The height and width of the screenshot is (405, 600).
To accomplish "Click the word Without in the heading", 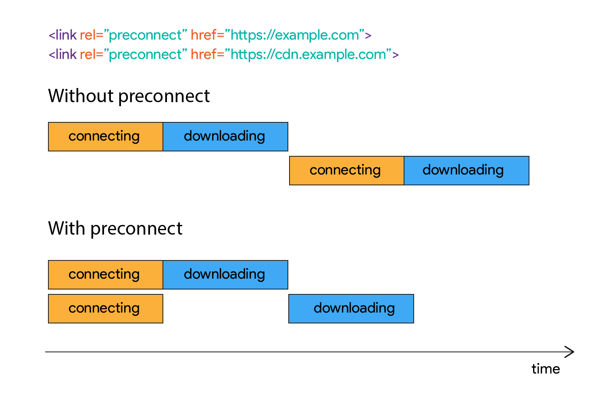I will pyautogui.click(x=81, y=96).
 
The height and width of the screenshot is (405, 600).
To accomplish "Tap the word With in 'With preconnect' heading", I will pyautogui.click(x=67, y=229).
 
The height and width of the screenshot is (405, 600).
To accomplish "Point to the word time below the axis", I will pyautogui.click(x=545, y=369).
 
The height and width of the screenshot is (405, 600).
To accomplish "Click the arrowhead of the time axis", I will pyautogui.click(x=570, y=352).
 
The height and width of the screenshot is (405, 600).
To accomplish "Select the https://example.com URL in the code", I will pyautogui.click(x=295, y=35).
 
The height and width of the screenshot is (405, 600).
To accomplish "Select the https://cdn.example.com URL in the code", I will pyautogui.click(x=308, y=55).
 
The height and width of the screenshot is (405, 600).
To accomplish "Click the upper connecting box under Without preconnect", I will pyautogui.click(x=105, y=136).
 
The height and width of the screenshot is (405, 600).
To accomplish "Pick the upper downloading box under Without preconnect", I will pyautogui.click(x=225, y=136).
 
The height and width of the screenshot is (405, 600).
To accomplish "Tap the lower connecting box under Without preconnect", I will pyautogui.click(x=346, y=170).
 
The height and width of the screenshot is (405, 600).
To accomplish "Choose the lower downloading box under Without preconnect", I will pyautogui.click(x=466, y=170).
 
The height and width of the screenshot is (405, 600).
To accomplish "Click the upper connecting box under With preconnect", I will pyautogui.click(x=105, y=275).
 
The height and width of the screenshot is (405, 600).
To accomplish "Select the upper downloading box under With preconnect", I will pyautogui.click(x=225, y=275).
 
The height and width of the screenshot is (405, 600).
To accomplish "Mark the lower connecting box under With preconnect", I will pyautogui.click(x=105, y=308).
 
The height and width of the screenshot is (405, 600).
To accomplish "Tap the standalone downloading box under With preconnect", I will pyautogui.click(x=351, y=308).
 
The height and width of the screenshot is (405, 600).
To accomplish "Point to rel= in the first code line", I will pyautogui.click(x=92, y=35).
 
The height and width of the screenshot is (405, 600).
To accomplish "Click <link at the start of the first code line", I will pyautogui.click(x=62, y=35).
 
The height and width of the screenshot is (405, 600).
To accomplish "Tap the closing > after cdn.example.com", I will pyautogui.click(x=396, y=55).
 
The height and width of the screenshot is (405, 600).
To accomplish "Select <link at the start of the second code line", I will pyautogui.click(x=62, y=55).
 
